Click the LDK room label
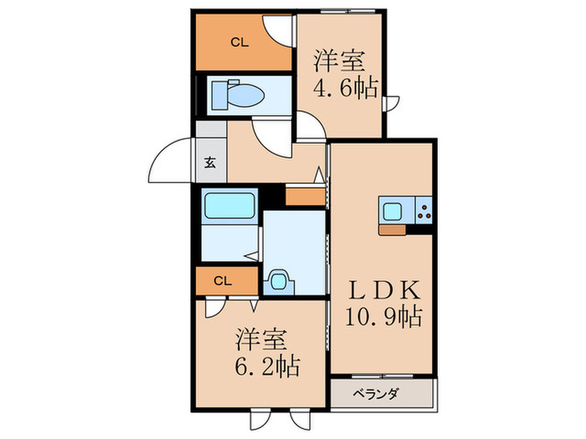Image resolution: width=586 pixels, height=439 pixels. [x=384, y=290]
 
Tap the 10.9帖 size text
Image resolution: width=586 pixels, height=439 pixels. [x=383, y=317]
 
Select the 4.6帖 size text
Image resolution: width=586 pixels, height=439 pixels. [x=346, y=88]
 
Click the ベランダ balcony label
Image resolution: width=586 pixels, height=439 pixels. [x=376, y=394]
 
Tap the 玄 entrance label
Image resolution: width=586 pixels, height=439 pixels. [x=210, y=162]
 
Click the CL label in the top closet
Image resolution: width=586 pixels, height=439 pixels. [x=239, y=43]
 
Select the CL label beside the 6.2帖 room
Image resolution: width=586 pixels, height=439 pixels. [x=223, y=281]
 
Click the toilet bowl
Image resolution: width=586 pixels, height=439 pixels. [x=239, y=94]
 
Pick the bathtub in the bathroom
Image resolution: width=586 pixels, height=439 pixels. [x=229, y=206]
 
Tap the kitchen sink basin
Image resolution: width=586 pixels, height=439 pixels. [x=393, y=211]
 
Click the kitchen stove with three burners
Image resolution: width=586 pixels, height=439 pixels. [x=424, y=210]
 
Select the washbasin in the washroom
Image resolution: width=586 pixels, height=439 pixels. [x=279, y=282]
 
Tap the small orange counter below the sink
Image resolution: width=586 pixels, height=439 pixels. [x=392, y=230]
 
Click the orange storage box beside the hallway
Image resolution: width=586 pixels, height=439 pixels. [x=305, y=197]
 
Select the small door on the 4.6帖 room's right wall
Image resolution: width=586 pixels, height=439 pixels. [x=392, y=103]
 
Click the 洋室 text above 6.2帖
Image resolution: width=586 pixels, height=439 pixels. [x=261, y=339]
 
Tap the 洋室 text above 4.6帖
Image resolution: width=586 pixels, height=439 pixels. [x=339, y=61]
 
